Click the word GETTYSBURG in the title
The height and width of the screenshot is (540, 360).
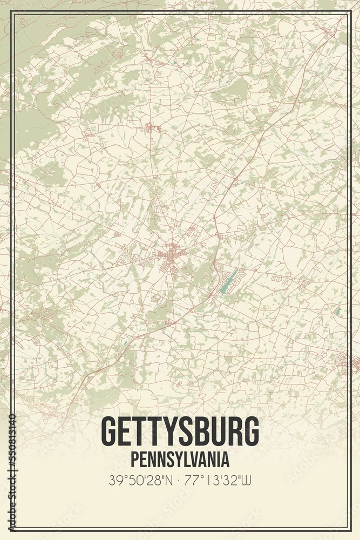[x=180, y=431]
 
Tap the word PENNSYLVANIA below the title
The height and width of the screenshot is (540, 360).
[x=180, y=460]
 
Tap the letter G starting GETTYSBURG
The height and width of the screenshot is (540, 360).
[x=108, y=431]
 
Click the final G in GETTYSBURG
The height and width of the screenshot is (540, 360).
[x=251, y=431]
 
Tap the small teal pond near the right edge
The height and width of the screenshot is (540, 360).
[x=338, y=312]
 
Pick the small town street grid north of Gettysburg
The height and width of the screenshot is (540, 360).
[x=152, y=128]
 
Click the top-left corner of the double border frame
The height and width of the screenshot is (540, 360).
[x=10, y=11]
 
